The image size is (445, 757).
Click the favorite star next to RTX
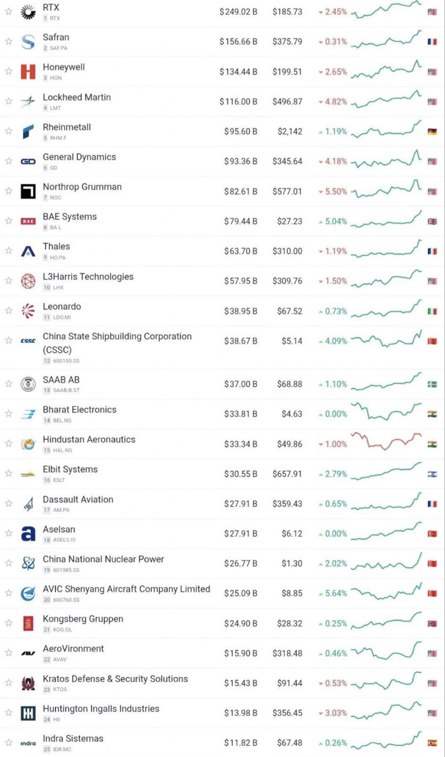pos(9,11)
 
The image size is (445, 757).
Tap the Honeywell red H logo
pos(28,72)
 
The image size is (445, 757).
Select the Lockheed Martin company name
pos(77,97)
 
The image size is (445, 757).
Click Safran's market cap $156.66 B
pos(238,42)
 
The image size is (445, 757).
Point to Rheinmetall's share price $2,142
pos(290,131)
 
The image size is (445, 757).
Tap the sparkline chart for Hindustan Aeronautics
pos(386,441)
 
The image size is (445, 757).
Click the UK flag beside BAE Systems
pos(432,221)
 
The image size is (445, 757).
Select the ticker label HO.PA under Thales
pos(58,258)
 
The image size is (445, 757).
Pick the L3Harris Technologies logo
pos(28,281)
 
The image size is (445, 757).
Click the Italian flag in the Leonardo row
pos(432,311)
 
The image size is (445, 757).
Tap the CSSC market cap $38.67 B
pos(240,341)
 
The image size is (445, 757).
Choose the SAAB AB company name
pos(61,380)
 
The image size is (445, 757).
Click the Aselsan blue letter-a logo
pos(28,534)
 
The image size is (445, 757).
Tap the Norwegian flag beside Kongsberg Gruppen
pos(432,624)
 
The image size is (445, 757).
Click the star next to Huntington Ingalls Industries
pos(9,713)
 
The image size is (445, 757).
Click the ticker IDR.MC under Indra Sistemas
pos(62,749)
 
